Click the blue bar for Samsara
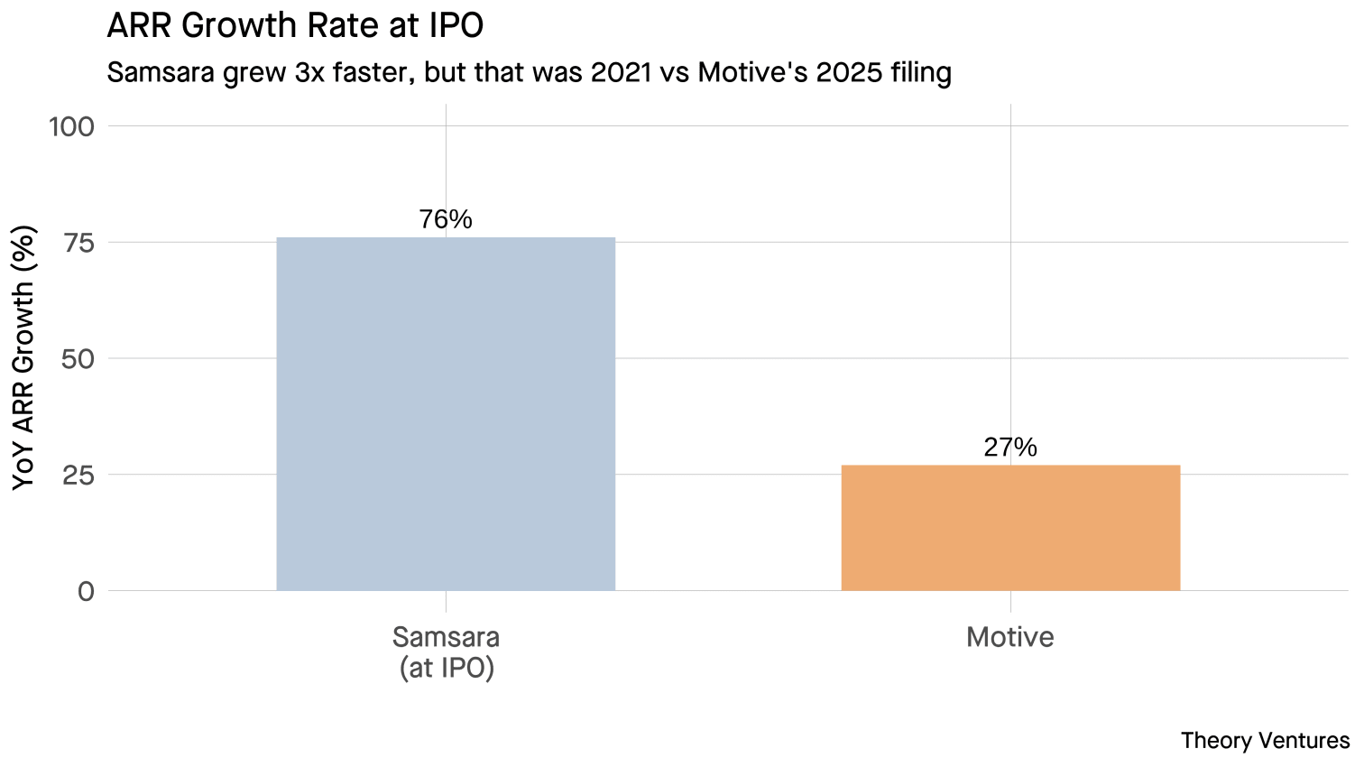pos(446,414)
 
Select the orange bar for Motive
pos(1010,528)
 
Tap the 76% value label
pos(446,219)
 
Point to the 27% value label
pos(1010,448)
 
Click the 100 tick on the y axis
pos(71,126)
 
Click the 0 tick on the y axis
pos(86,592)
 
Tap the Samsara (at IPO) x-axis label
pos(446,652)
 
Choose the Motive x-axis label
pos(1010,637)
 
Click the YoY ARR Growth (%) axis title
pos(24,358)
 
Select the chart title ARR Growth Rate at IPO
pos(295,25)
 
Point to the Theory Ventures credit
pos(1265,741)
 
